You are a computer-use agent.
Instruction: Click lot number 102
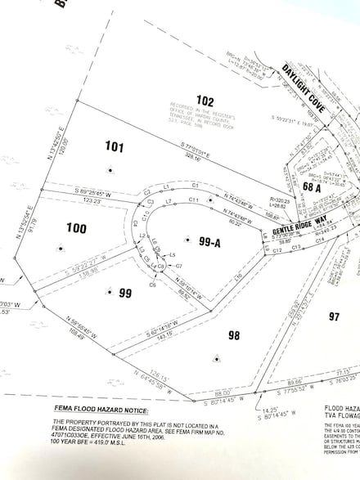[205, 101]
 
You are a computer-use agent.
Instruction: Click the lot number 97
[334, 316]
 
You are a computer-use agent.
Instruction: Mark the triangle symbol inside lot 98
[216, 357]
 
